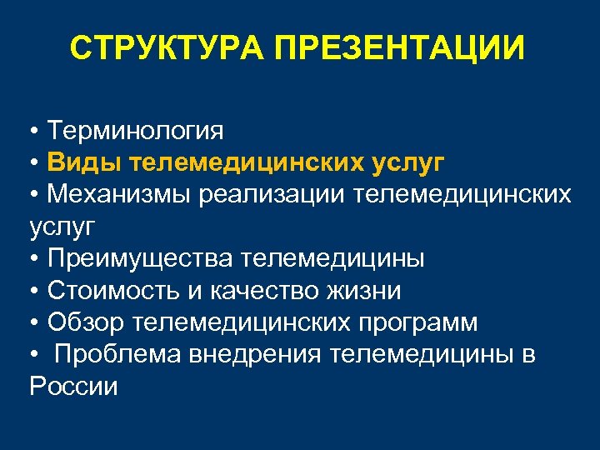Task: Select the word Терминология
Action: [136, 130]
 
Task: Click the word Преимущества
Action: [139, 258]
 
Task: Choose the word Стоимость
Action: [110, 291]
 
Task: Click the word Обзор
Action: [83, 322]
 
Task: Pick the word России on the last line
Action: [72, 387]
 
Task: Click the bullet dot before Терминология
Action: [34, 131]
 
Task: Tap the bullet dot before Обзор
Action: [34, 323]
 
